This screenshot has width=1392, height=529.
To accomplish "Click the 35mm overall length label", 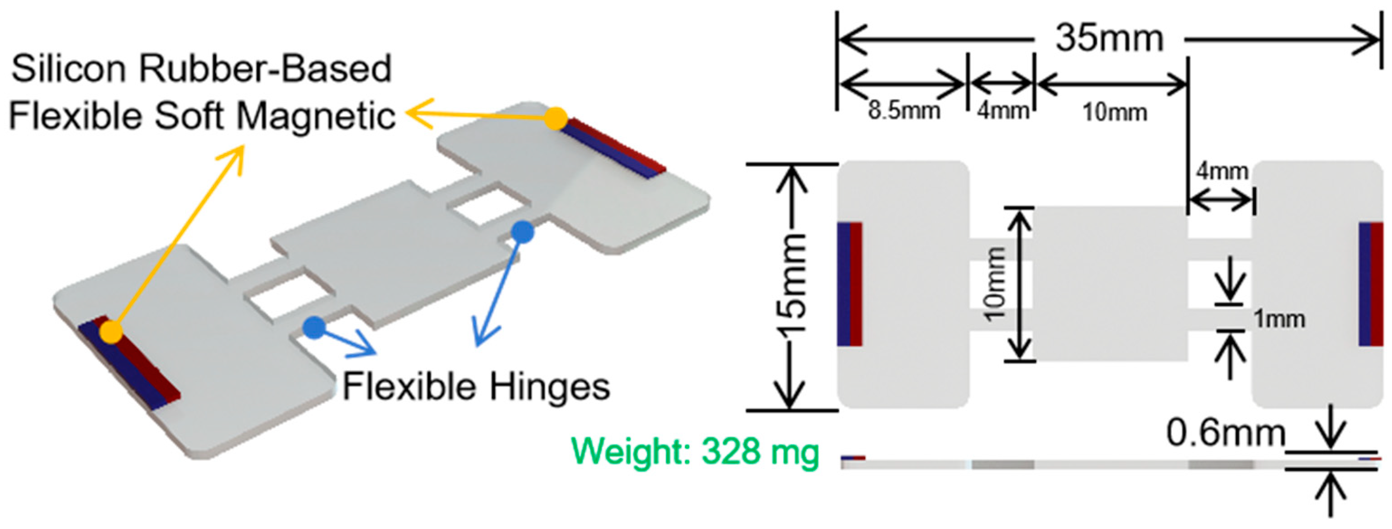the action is pyautogui.click(x=1109, y=39).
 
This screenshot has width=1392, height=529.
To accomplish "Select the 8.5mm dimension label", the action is pyautogui.click(x=904, y=111).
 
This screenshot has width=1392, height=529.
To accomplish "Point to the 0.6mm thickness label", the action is pyautogui.click(x=1226, y=433).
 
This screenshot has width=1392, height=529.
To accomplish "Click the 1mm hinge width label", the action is pyautogui.click(x=1278, y=319).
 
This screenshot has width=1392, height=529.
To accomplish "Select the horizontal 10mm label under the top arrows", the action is pyautogui.click(x=1114, y=113).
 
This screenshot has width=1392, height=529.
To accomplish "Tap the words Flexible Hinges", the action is pyautogui.click(x=476, y=387).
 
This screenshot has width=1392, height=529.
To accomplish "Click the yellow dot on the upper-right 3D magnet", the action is pyautogui.click(x=556, y=118).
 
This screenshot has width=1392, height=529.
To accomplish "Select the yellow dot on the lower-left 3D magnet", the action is pyautogui.click(x=111, y=331).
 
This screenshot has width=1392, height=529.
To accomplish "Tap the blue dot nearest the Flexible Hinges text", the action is pyautogui.click(x=314, y=327).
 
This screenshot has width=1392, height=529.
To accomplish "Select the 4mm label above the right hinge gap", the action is pyautogui.click(x=1222, y=172).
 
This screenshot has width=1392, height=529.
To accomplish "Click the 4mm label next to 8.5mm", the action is pyautogui.click(x=1003, y=111).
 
